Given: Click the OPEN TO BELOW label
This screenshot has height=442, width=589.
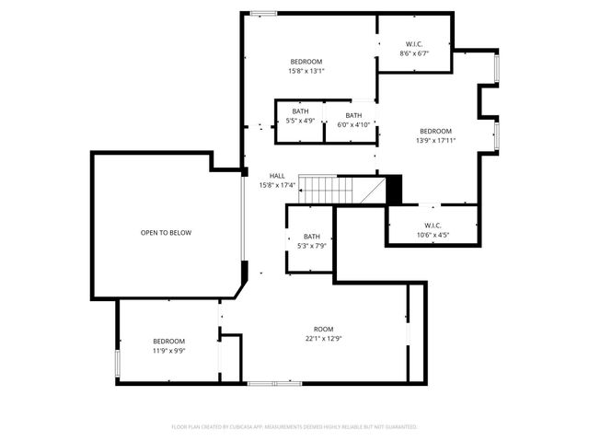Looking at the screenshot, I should (166, 233).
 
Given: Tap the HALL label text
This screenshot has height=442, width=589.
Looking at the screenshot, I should (277, 176).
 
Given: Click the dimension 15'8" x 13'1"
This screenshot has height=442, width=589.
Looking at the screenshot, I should (306, 71).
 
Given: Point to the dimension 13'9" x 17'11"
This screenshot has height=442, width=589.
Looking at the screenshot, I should (435, 141).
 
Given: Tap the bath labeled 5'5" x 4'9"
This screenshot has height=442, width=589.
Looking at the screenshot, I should (300, 116).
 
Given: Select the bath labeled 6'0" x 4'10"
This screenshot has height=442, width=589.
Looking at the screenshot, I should (353, 121).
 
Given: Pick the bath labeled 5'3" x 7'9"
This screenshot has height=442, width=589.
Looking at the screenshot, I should (312, 241).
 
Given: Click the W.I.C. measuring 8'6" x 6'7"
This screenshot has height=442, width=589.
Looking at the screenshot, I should (414, 49).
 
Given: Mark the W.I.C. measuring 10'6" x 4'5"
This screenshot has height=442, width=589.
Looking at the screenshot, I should (433, 229).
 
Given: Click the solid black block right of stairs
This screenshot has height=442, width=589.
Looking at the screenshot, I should (394, 191).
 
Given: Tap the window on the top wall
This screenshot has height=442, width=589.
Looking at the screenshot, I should (264, 13).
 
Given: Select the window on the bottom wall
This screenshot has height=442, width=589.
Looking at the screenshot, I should (274, 383).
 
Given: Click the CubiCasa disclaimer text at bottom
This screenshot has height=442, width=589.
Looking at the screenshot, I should (294, 427).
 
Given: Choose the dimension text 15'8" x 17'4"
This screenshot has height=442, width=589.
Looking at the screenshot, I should (277, 185).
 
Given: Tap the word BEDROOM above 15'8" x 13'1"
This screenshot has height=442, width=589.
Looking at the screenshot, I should (306, 61).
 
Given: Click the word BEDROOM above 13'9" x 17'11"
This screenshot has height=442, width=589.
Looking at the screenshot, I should (435, 131).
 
